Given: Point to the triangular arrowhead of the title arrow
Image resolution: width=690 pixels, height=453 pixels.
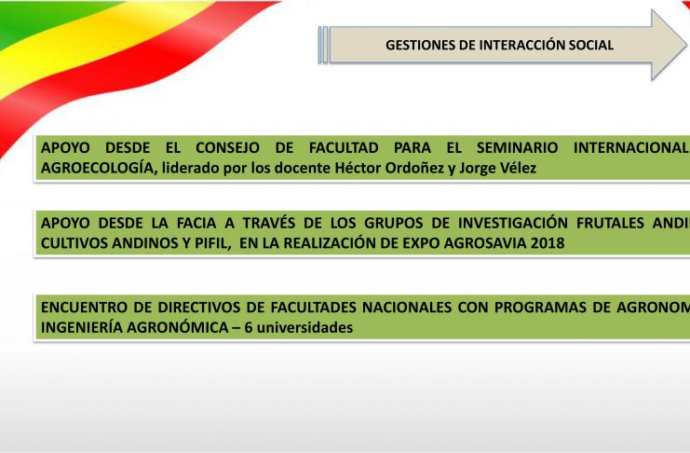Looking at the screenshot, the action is pyautogui.click(x=669, y=45).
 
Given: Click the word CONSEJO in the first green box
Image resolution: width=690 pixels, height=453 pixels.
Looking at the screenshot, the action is pyautogui.click(x=227, y=147).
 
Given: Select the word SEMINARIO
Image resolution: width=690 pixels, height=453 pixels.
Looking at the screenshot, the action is pyautogui.click(x=518, y=147).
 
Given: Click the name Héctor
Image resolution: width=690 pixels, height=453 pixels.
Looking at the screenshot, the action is pyautogui.click(x=357, y=168).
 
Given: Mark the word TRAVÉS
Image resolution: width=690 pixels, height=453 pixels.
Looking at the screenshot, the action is pyautogui.click(x=269, y=223).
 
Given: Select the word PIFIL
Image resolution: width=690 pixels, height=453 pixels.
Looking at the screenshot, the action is pyautogui.click(x=212, y=243).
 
